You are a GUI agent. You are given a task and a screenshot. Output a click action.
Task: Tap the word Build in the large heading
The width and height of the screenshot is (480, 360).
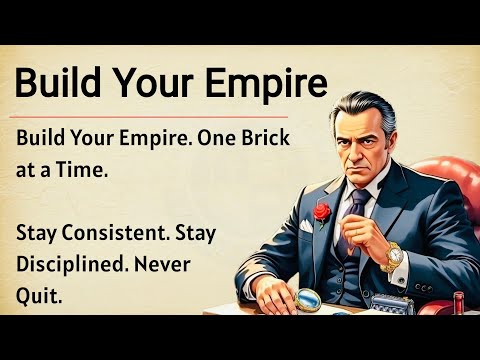58,82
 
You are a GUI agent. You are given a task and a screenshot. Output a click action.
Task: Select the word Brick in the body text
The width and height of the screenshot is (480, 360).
268,142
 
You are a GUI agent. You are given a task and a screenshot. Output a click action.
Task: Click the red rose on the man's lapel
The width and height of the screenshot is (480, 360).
321,212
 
